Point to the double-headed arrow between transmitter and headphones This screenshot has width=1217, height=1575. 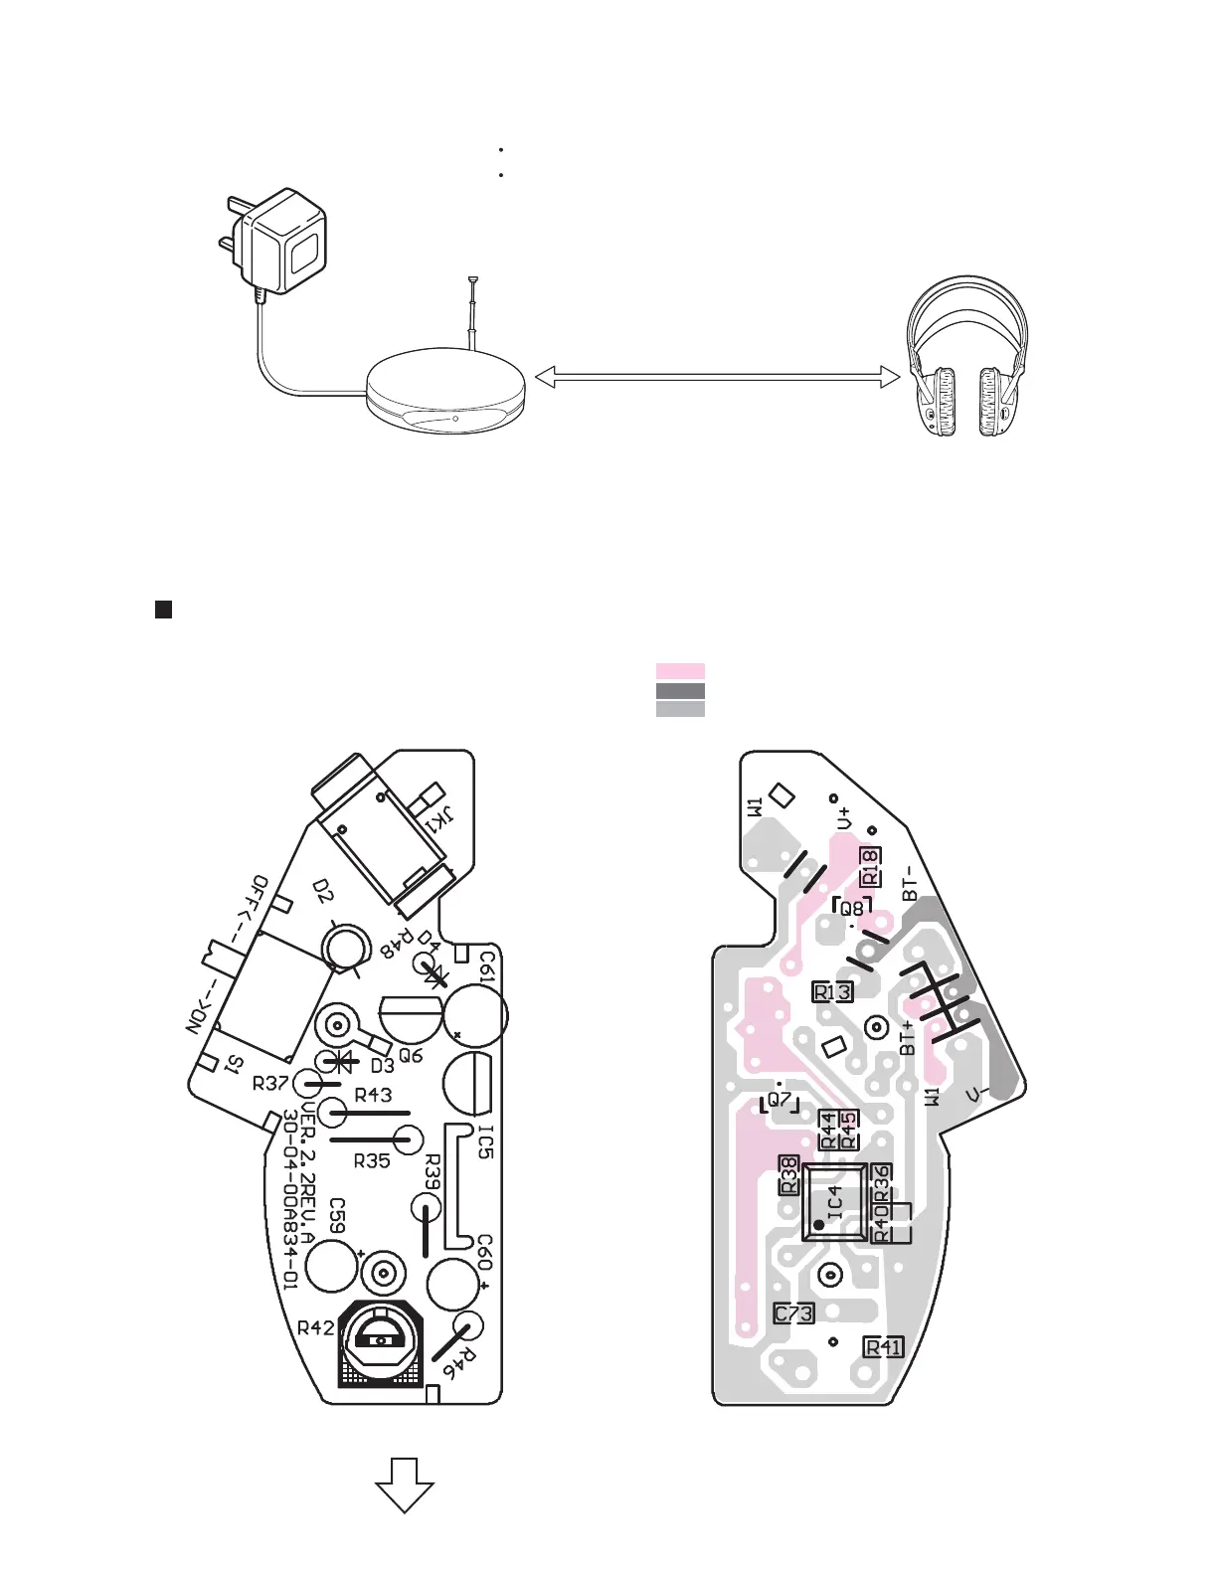[x=717, y=376]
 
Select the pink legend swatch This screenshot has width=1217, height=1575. [x=680, y=671]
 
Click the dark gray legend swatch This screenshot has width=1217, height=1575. [x=680, y=690]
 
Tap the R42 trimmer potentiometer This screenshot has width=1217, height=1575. [x=380, y=1341]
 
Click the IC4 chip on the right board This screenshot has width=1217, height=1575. [x=834, y=1203]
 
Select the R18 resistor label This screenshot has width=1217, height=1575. [x=870, y=866]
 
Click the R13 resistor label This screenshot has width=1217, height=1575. [x=832, y=991]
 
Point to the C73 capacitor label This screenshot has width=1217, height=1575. [x=793, y=1313]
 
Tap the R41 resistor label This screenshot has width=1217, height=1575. [x=884, y=1347]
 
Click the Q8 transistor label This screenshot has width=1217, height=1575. [x=853, y=908]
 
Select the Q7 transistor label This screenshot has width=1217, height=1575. [x=781, y=1101]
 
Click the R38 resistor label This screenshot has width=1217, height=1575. [x=788, y=1175]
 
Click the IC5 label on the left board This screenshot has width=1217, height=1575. [x=485, y=1140]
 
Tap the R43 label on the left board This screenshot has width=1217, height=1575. [x=373, y=1095]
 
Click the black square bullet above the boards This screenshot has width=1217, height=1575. [x=164, y=610]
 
